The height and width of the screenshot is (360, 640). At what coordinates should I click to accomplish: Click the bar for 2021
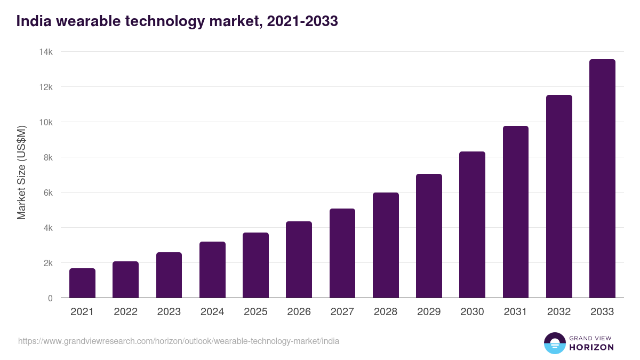coord(82,283)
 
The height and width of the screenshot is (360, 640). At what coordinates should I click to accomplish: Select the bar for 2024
coord(212,270)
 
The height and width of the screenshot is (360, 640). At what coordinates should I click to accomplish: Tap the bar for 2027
coord(342,253)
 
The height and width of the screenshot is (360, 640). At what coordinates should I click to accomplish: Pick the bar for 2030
coord(472,225)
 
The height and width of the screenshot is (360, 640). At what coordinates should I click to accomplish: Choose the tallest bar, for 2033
coord(602,179)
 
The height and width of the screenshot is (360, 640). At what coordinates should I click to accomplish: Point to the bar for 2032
coord(559,196)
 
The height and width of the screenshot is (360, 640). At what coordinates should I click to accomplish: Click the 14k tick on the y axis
coord(46,52)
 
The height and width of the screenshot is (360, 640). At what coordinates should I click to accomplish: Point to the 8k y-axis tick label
coord(48,157)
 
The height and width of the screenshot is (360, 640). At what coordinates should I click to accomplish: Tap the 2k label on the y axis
coord(48,263)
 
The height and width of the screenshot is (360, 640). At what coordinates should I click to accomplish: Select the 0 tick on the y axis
coord(50,298)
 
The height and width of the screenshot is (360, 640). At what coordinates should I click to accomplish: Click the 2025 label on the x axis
coord(255,312)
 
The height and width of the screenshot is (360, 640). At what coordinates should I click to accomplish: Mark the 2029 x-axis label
coord(429,312)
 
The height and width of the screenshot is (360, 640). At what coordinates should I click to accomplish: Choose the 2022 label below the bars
coord(125,312)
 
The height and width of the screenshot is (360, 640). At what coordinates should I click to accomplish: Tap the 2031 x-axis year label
coord(515,312)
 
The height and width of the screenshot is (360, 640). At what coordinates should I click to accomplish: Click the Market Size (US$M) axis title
coord(21,172)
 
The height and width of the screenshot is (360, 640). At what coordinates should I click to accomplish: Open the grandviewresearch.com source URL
coord(179,341)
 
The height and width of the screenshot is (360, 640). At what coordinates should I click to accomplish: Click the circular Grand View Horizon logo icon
coord(554,343)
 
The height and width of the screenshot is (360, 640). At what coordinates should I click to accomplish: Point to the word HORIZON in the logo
coord(591,347)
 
